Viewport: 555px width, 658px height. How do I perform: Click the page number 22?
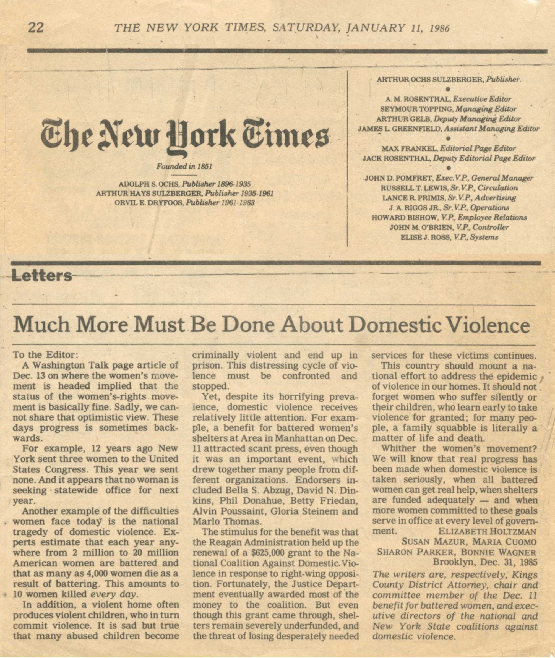(36, 28)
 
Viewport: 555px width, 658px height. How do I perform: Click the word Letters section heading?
(41, 277)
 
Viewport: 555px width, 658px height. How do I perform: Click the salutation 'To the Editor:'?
(45, 355)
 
